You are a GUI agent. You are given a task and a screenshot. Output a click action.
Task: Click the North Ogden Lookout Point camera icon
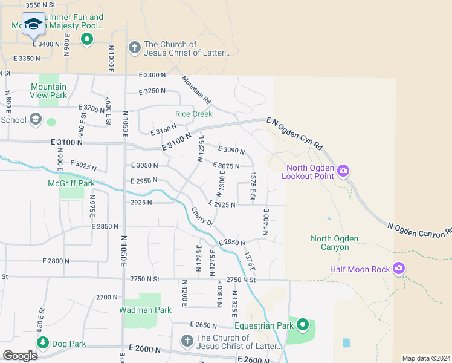click(343, 171)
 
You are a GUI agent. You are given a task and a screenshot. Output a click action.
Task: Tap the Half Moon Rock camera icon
click(398, 268)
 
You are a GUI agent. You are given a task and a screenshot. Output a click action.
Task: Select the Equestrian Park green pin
click(303, 326)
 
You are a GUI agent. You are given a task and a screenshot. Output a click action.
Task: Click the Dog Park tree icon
click(42, 343)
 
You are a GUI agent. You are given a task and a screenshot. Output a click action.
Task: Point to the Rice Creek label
click(194, 114)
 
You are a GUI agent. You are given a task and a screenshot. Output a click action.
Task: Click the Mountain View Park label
click(49, 91)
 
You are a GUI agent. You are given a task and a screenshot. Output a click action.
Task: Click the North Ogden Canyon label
click(330, 243)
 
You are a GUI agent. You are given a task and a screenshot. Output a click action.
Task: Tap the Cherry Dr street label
click(202, 217)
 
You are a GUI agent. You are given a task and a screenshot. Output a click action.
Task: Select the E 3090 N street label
click(230, 150)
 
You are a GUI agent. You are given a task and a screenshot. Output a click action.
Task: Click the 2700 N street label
click(107, 298)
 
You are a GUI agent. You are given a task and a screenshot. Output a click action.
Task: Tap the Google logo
click(20, 355)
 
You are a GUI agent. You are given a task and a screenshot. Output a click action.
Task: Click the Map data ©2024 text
click(426, 358)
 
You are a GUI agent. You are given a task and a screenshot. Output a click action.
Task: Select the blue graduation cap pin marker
click(33, 24)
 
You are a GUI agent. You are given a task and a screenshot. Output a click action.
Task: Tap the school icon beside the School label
click(36, 119)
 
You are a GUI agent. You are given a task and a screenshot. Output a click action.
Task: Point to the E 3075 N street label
click(225, 165)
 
